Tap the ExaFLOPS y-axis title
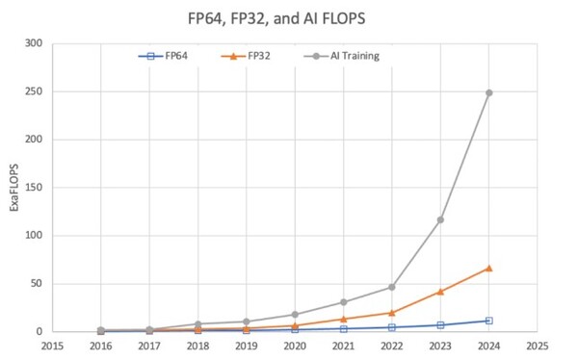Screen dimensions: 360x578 tap(13, 187)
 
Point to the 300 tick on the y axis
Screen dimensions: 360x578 tap(34, 43)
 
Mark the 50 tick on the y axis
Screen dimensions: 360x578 tap(37, 284)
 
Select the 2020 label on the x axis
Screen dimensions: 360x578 tap(295, 345)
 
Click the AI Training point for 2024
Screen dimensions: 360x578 tap(488, 92)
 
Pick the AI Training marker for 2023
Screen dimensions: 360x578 tap(440, 219)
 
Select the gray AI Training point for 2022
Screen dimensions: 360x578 tap(392, 287)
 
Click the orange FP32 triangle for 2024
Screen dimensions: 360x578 tap(488, 268)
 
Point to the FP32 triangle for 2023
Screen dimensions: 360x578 tap(440, 291)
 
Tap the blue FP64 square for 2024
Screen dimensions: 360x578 tap(488, 321)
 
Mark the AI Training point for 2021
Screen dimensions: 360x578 tap(343, 302)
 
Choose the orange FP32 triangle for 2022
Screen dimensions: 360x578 tap(392, 312)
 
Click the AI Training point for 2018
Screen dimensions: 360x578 tap(197, 324)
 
